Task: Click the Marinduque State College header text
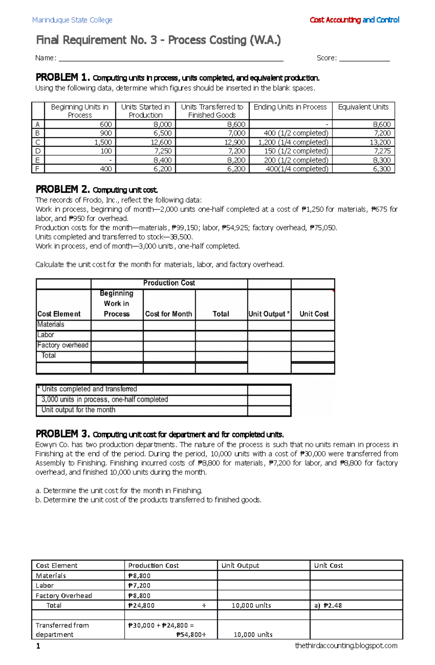click(x=72, y=20)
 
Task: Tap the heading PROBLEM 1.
click(x=62, y=78)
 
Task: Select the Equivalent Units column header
click(x=363, y=107)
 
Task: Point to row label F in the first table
click(x=38, y=169)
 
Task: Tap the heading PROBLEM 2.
click(x=62, y=190)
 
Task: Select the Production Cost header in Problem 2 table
click(x=169, y=283)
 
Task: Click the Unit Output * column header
click(x=269, y=314)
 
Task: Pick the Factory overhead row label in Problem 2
click(x=63, y=345)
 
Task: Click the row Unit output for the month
click(x=78, y=410)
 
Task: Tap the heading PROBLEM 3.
click(x=62, y=434)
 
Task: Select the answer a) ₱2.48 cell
click(x=328, y=606)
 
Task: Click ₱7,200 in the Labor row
click(x=140, y=586)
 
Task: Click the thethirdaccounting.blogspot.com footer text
click(x=346, y=646)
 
